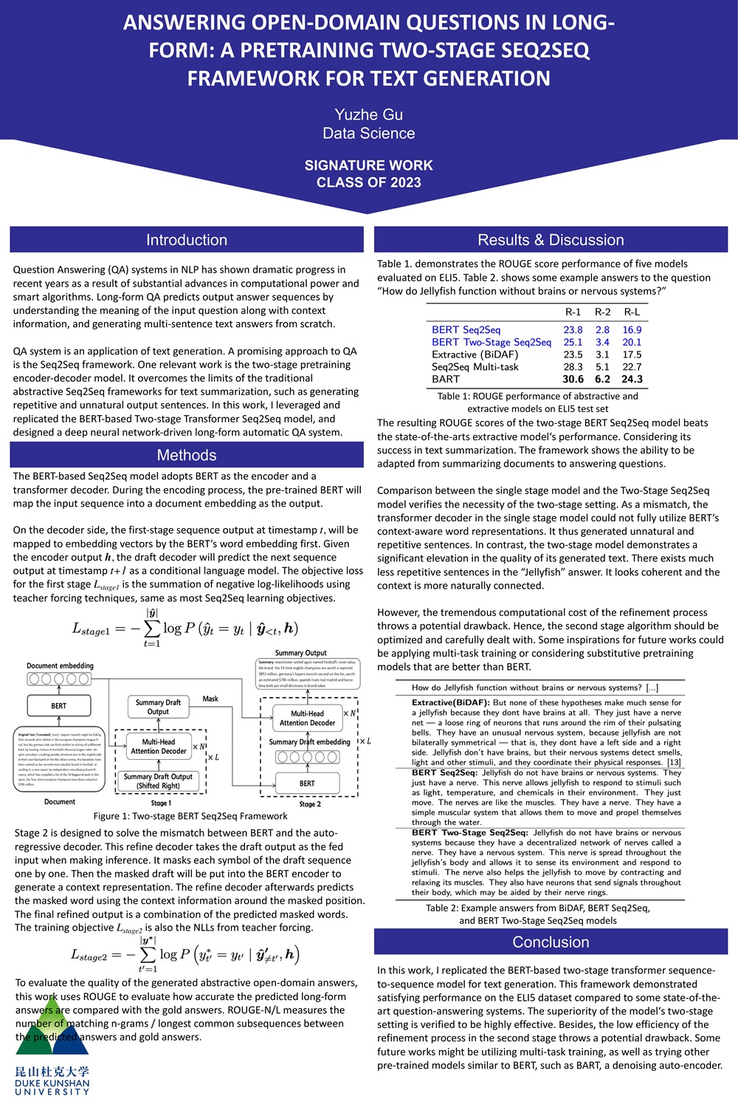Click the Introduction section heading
pyautogui.click(x=186, y=240)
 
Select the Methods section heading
pyautogui.click(x=186, y=455)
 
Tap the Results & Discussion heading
pyautogui.click(x=551, y=240)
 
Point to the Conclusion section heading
pyautogui.click(x=551, y=942)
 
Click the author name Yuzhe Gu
pyautogui.click(x=368, y=114)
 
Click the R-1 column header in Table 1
pyautogui.click(x=573, y=312)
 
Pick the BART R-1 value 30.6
pyautogui.click(x=573, y=379)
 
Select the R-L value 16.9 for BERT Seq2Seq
pyautogui.click(x=632, y=330)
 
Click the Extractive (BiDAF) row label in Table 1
pyautogui.click(x=475, y=354)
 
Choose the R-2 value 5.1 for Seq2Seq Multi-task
pyautogui.click(x=602, y=367)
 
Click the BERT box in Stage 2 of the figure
pyautogui.click(x=307, y=783)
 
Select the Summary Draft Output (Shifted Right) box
pyautogui.click(x=158, y=781)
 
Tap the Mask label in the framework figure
pyautogui.click(x=210, y=699)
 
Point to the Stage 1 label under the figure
pyautogui.click(x=161, y=803)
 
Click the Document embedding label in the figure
pyautogui.click(x=60, y=666)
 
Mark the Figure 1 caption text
pyautogui.click(x=190, y=816)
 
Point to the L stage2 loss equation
pyautogui.click(x=184, y=954)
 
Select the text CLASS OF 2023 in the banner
pyautogui.click(x=368, y=182)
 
